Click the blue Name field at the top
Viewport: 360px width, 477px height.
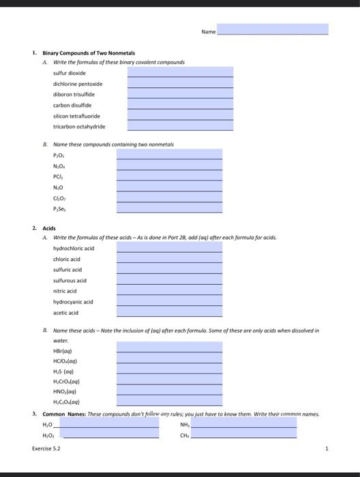[273, 30]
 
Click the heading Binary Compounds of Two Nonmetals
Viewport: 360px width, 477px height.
[89, 52]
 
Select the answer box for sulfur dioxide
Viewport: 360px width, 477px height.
[180, 72]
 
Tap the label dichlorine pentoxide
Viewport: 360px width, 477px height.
[78, 83]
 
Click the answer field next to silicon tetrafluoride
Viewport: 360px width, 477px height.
[180, 115]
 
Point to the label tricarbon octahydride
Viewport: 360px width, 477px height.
[79, 126]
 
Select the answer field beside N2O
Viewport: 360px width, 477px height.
[169, 187]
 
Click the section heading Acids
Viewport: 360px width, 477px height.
[49, 229]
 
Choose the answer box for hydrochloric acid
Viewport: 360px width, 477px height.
[169, 248]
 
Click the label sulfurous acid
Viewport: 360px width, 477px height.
[70, 280]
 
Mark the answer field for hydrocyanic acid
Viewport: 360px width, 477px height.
[169, 301]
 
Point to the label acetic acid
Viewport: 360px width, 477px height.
[65, 312]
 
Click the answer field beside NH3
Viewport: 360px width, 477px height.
[243, 422]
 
